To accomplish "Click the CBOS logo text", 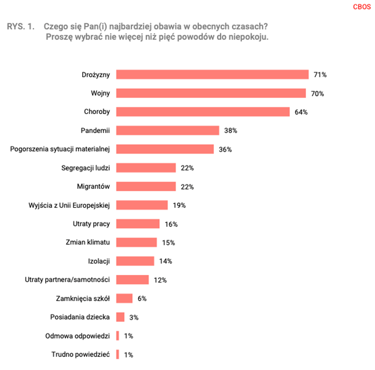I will coord(362,7).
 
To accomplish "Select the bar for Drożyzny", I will coord(212,74).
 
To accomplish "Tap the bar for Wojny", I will coord(211,93).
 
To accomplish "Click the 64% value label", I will coord(301,112).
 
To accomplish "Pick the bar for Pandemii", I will coord(167,130).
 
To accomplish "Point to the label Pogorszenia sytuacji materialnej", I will coord(59,149).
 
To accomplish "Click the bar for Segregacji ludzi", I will coord(146,168).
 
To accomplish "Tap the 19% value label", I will coord(179,205).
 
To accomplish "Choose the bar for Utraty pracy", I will coord(138,224).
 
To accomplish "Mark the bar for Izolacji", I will coord(135,261).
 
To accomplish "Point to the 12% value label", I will coord(160,280).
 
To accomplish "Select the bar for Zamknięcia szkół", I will coord(124,298).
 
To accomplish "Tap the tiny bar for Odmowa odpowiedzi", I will coord(117,336).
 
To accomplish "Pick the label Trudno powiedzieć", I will coord(80,355).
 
